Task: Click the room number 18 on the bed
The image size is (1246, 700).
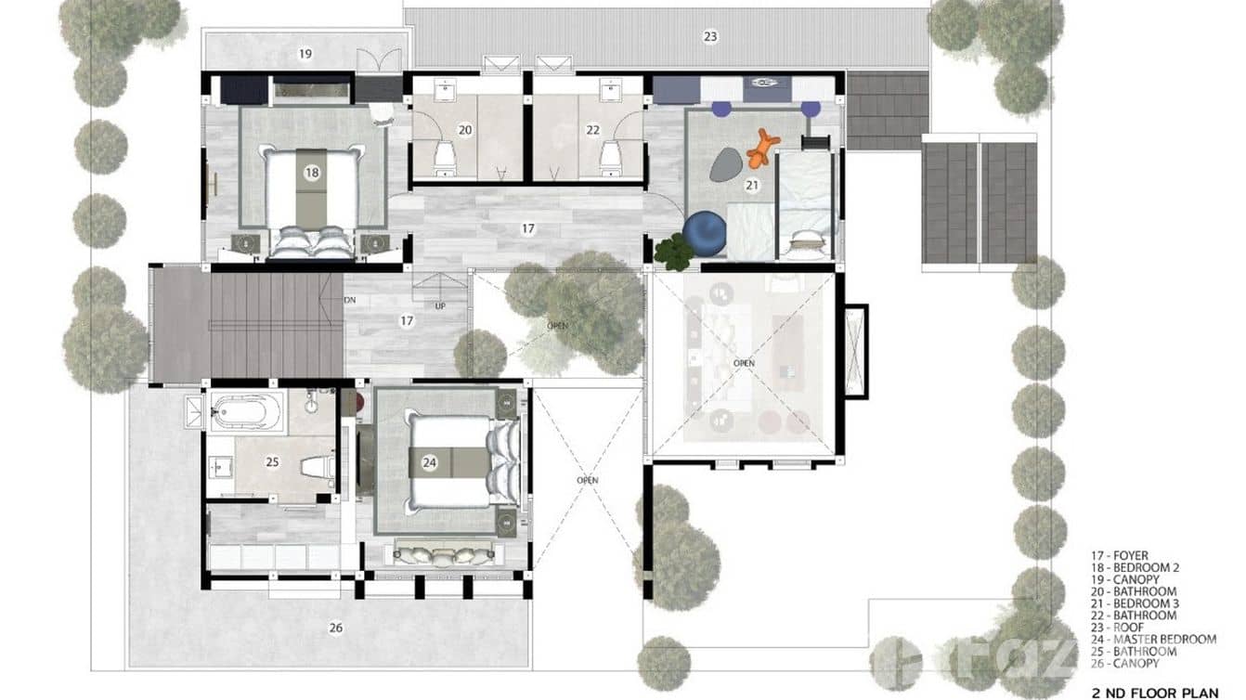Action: pyautogui.click(x=312, y=173)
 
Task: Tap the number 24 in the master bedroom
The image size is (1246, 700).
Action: pyautogui.click(x=429, y=461)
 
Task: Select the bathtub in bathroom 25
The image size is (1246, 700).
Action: pyautogui.click(x=246, y=410)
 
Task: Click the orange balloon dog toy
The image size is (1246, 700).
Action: pyautogui.click(x=762, y=147)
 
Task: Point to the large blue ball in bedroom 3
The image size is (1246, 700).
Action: pyautogui.click(x=704, y=233)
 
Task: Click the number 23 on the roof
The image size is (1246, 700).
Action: pyautogui.click(x=710, y=37)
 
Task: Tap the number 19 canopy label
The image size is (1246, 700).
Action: pyautogui.click(x=305, y=54)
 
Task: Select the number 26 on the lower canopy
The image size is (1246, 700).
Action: pyautogui.click(x=336, y=628)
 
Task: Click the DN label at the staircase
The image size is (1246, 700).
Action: pyautogui.click(x=350, y=300)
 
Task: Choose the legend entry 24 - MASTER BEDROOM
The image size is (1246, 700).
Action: pyautogui.click(x=1153, y=640)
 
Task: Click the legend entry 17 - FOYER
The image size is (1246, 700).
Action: pyautogui.click(x=1120, y=555)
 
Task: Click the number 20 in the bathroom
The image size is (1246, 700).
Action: pyautogui.click(x=465, y=130)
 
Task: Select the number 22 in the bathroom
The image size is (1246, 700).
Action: pyautogui.click(x=592, y=130)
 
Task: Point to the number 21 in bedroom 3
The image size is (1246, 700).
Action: pyautogui.click(x=752, y=186)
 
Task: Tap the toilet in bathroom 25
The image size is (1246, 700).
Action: pyautogui.click(x=317, y=467)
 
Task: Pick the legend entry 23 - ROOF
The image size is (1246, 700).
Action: pyautogui.click(x=1114, y=628)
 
